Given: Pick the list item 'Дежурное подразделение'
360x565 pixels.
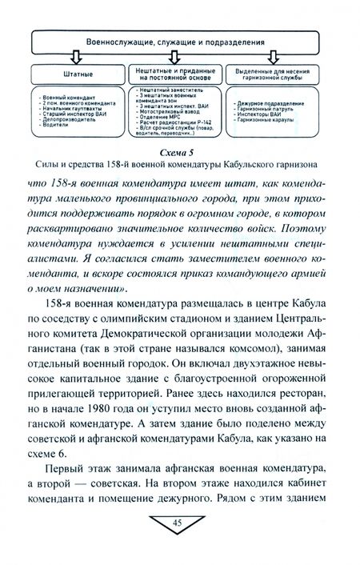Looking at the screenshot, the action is point(272,106).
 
